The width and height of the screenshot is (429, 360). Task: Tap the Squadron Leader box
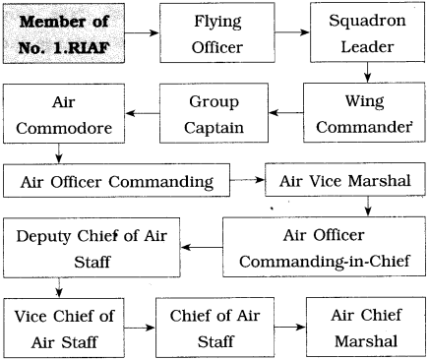click(368, 32)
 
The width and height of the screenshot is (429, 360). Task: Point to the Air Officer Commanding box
click(115, 181)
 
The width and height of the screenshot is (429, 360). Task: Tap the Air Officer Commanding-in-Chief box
click(323, 247)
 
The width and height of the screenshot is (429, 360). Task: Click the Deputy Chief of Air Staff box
click(84, 247)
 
